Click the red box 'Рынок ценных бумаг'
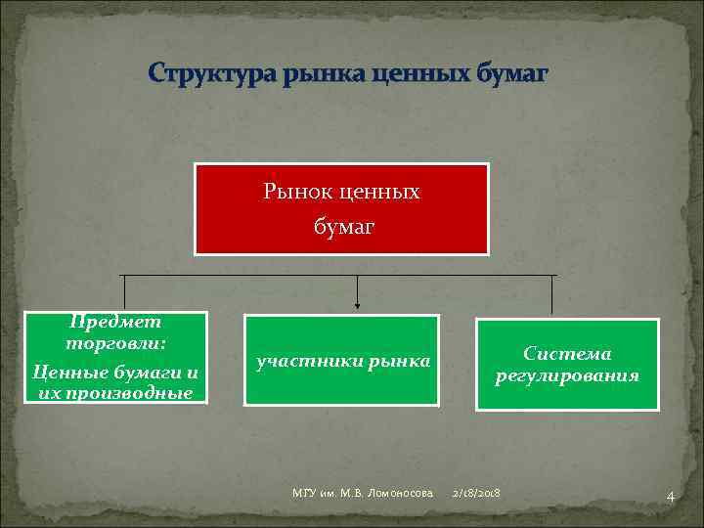[x=341, y=209]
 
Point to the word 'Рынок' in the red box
[x=291, y=192]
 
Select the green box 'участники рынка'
[x=341, y=361]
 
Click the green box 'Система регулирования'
[x=567, y=364]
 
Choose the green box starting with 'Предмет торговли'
[x=115, y=358]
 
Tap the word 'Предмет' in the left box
[x=115, y=322]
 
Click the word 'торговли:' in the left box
[x=115, y=344]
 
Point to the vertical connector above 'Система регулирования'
[x=552, y=294]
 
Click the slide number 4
[x=670, y=497]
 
